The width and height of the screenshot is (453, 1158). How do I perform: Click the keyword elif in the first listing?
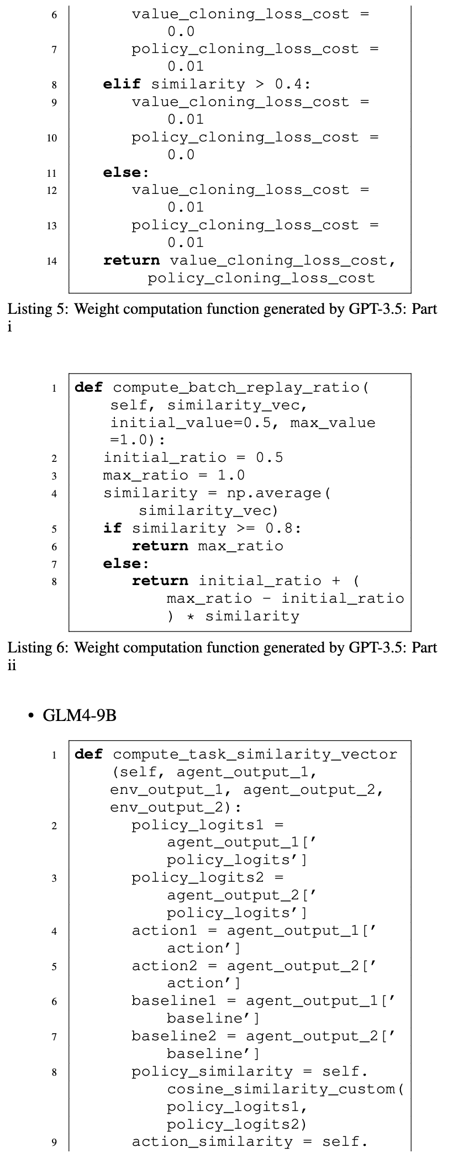(x=122, y=84)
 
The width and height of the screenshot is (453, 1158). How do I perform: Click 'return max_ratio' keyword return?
(x=160, y=546)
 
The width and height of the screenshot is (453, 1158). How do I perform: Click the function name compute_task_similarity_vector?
(x=255, y=754)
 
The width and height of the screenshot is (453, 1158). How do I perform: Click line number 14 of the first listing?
(x=51, y=261)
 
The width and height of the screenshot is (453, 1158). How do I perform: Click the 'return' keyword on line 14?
(x=131, y=260)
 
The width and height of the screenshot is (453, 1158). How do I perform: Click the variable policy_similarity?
(x=212, y=1071)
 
